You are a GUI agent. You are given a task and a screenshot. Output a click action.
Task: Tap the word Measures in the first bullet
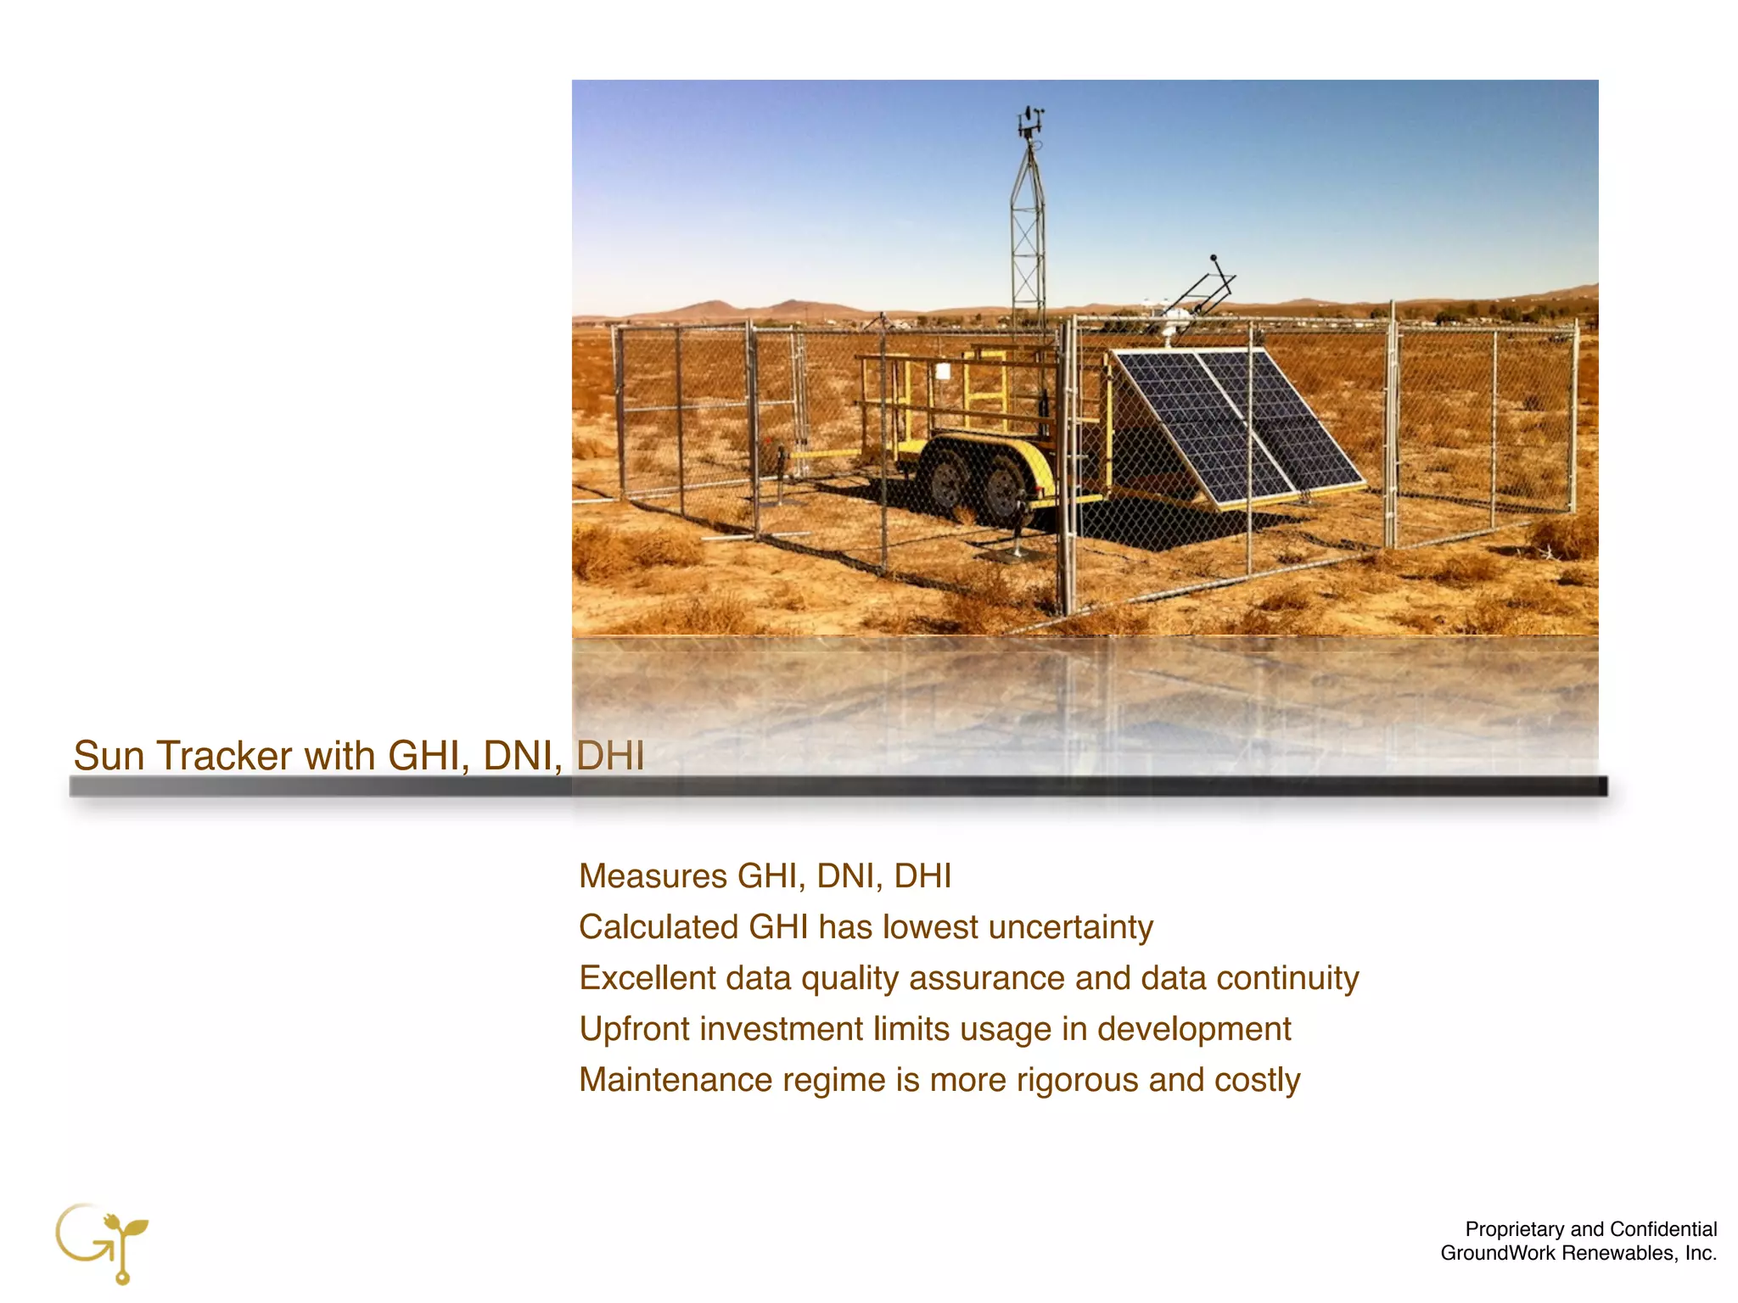pyautogui.click(x=653, y=875)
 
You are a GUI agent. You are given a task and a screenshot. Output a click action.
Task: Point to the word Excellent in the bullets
pyautogui.click(x=647, y=978)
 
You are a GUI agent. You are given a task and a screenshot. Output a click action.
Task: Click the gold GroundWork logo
pyautogui.click(x=103, y=1242)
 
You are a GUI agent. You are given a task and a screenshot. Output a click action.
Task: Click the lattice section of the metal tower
pyautogui.click(x=1028, y=238)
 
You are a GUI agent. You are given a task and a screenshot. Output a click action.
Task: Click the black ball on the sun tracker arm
pyautogui.click(x=1214, y=257)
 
